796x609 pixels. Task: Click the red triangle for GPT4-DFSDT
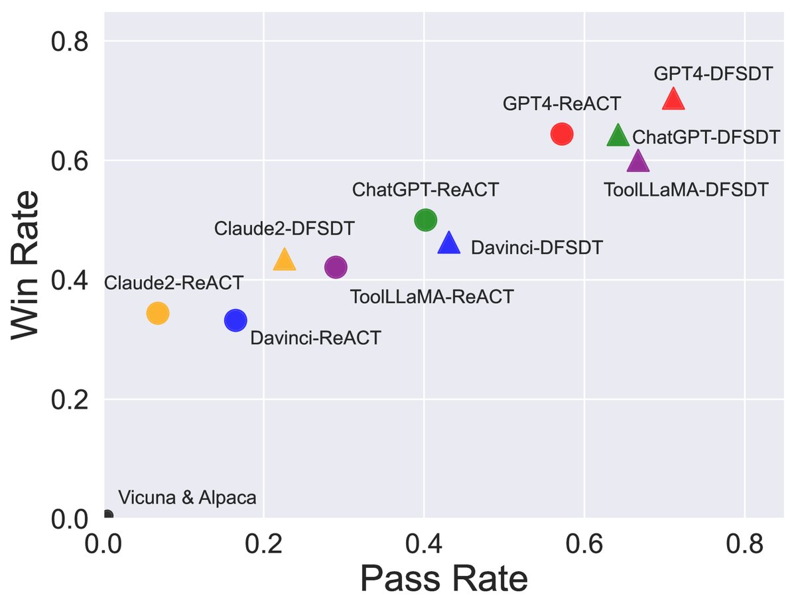pyautogui.click(x=673, y=100)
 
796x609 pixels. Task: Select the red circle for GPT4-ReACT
pyautogui.click(x=562, y=134)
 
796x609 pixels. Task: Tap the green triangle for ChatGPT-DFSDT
pyautogui.click(x=618, y=136)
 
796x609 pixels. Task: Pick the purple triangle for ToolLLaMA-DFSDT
pyautogui.click(x=637, y=161)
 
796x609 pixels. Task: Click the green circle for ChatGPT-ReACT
pyautogui.click(x=425, y=220)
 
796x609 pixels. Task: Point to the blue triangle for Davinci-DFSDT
pyautogui.click(x=449, y=243)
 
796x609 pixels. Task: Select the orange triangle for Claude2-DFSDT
pyautogui.click(x=284, y=260)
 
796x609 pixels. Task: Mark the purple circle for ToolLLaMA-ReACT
pyautogui.click(x=336, y=267)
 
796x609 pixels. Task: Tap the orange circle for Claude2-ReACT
pyautogui.click(x=157, y=312)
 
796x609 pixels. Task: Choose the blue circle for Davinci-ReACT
pyautogui.click(x=235, y=320)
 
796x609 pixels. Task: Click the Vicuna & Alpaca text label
pyautogui.click(x=187, y=498)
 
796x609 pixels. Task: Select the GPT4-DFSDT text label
pyautogui.click(x=713, y=74)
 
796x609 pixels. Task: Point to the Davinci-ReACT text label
pyautogui.click(x=316, y=338)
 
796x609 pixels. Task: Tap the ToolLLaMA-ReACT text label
pyautogui.click(x=432, y=297)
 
